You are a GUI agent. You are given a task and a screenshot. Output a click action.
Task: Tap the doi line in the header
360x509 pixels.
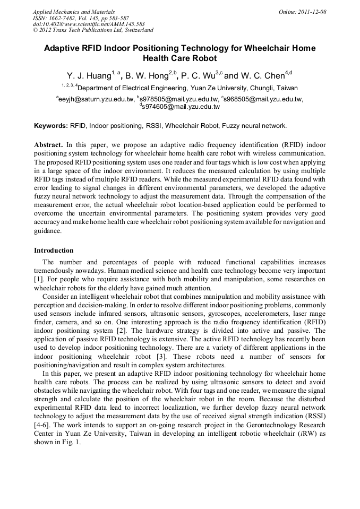click(x=88, y=24)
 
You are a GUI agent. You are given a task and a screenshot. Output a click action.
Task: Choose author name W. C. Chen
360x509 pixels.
click(x=261, y=76)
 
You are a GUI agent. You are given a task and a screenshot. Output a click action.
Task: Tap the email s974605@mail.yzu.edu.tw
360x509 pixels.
click(x=181, y=107)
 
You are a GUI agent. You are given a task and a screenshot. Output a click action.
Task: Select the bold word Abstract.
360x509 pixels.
click(x=48, y=144)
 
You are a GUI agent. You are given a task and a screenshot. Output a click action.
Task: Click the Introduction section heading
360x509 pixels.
click(x=54, y=250)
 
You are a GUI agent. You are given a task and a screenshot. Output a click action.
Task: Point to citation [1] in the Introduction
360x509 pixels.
click(x=38, y=278)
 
